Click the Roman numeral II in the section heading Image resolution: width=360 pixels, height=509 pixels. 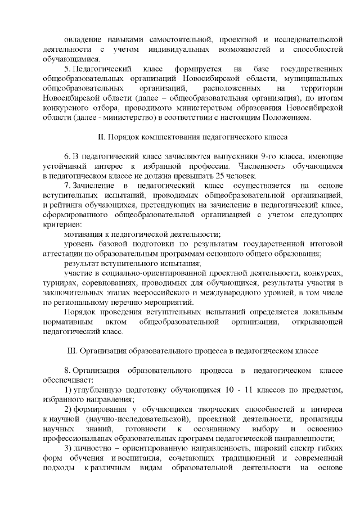click(101, 137)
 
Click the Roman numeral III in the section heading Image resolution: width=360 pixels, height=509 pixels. click(71, 350)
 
